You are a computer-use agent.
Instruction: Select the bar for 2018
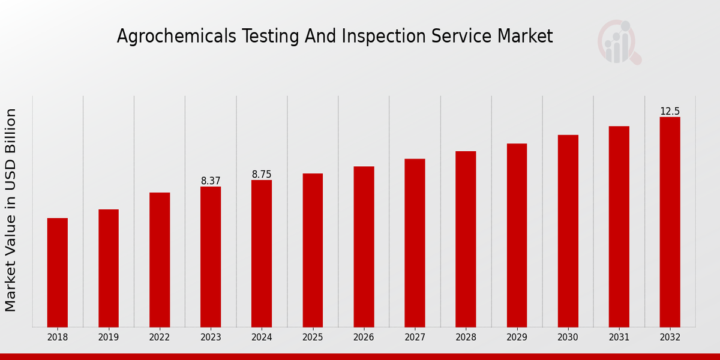click(58, 272)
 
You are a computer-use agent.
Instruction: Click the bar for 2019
click(109, 268)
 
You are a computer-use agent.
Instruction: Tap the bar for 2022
click(160, 260)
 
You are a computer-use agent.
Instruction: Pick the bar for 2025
click(313, 250)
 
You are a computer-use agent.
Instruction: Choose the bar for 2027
click(415, 243)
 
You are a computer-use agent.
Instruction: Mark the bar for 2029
click(517, 235)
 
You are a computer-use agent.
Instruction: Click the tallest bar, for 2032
click(670, 222)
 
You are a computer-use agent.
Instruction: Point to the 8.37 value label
click(211, 181)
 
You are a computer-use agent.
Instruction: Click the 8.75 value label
click(262, 174)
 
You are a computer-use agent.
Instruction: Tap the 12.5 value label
click(670, 111)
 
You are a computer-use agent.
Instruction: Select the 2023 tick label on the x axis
click(211, 337)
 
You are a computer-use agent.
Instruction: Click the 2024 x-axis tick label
click(262, 337)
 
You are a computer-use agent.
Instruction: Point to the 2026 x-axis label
click(364, 337)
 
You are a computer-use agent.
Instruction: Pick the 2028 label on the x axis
click(466, 337)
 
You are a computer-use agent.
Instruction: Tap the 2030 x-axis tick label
click(568, 337)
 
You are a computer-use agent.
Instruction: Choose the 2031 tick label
click(619, 337)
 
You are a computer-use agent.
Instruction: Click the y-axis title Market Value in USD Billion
click(11, 210)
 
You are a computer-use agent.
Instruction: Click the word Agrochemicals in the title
click(177, 37)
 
